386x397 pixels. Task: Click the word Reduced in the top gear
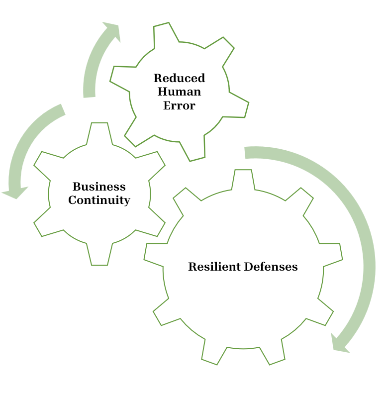[179, 79]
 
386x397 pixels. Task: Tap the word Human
[179, 92]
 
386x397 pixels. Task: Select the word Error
[179, 105]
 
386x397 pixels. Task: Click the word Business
[99, 187]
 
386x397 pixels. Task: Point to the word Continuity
[99, 200]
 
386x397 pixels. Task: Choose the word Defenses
[271, 267]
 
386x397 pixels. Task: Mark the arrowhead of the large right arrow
[340, 344]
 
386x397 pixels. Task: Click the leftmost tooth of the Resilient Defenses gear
[155, 252]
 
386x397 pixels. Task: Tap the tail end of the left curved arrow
[62, 110]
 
